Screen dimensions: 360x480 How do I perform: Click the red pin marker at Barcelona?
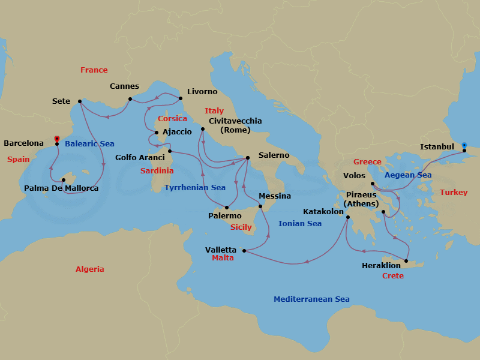coord(56,139)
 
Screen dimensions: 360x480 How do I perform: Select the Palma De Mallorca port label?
coord(61,188)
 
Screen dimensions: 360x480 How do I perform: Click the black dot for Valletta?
coord(244,250)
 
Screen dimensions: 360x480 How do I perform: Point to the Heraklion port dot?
coord(406,261)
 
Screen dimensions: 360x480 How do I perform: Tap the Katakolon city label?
coord(323,212)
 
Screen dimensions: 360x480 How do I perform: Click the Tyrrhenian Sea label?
coord(194,188)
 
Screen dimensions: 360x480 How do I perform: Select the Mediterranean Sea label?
coord(311,299)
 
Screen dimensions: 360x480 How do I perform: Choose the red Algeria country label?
coord(89,269)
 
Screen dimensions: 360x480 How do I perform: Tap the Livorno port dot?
coord(181,97)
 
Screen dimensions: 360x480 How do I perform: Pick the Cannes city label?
coord(124,86)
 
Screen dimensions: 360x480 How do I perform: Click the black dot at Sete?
coord(80,101)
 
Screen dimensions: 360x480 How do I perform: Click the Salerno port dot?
coord(248,158)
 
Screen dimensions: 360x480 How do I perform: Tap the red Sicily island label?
coord(241,227)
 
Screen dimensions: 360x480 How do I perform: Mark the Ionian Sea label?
coord(300,224)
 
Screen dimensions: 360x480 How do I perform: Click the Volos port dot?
coord(373,184)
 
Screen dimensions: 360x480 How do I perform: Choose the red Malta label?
coord(223,258)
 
